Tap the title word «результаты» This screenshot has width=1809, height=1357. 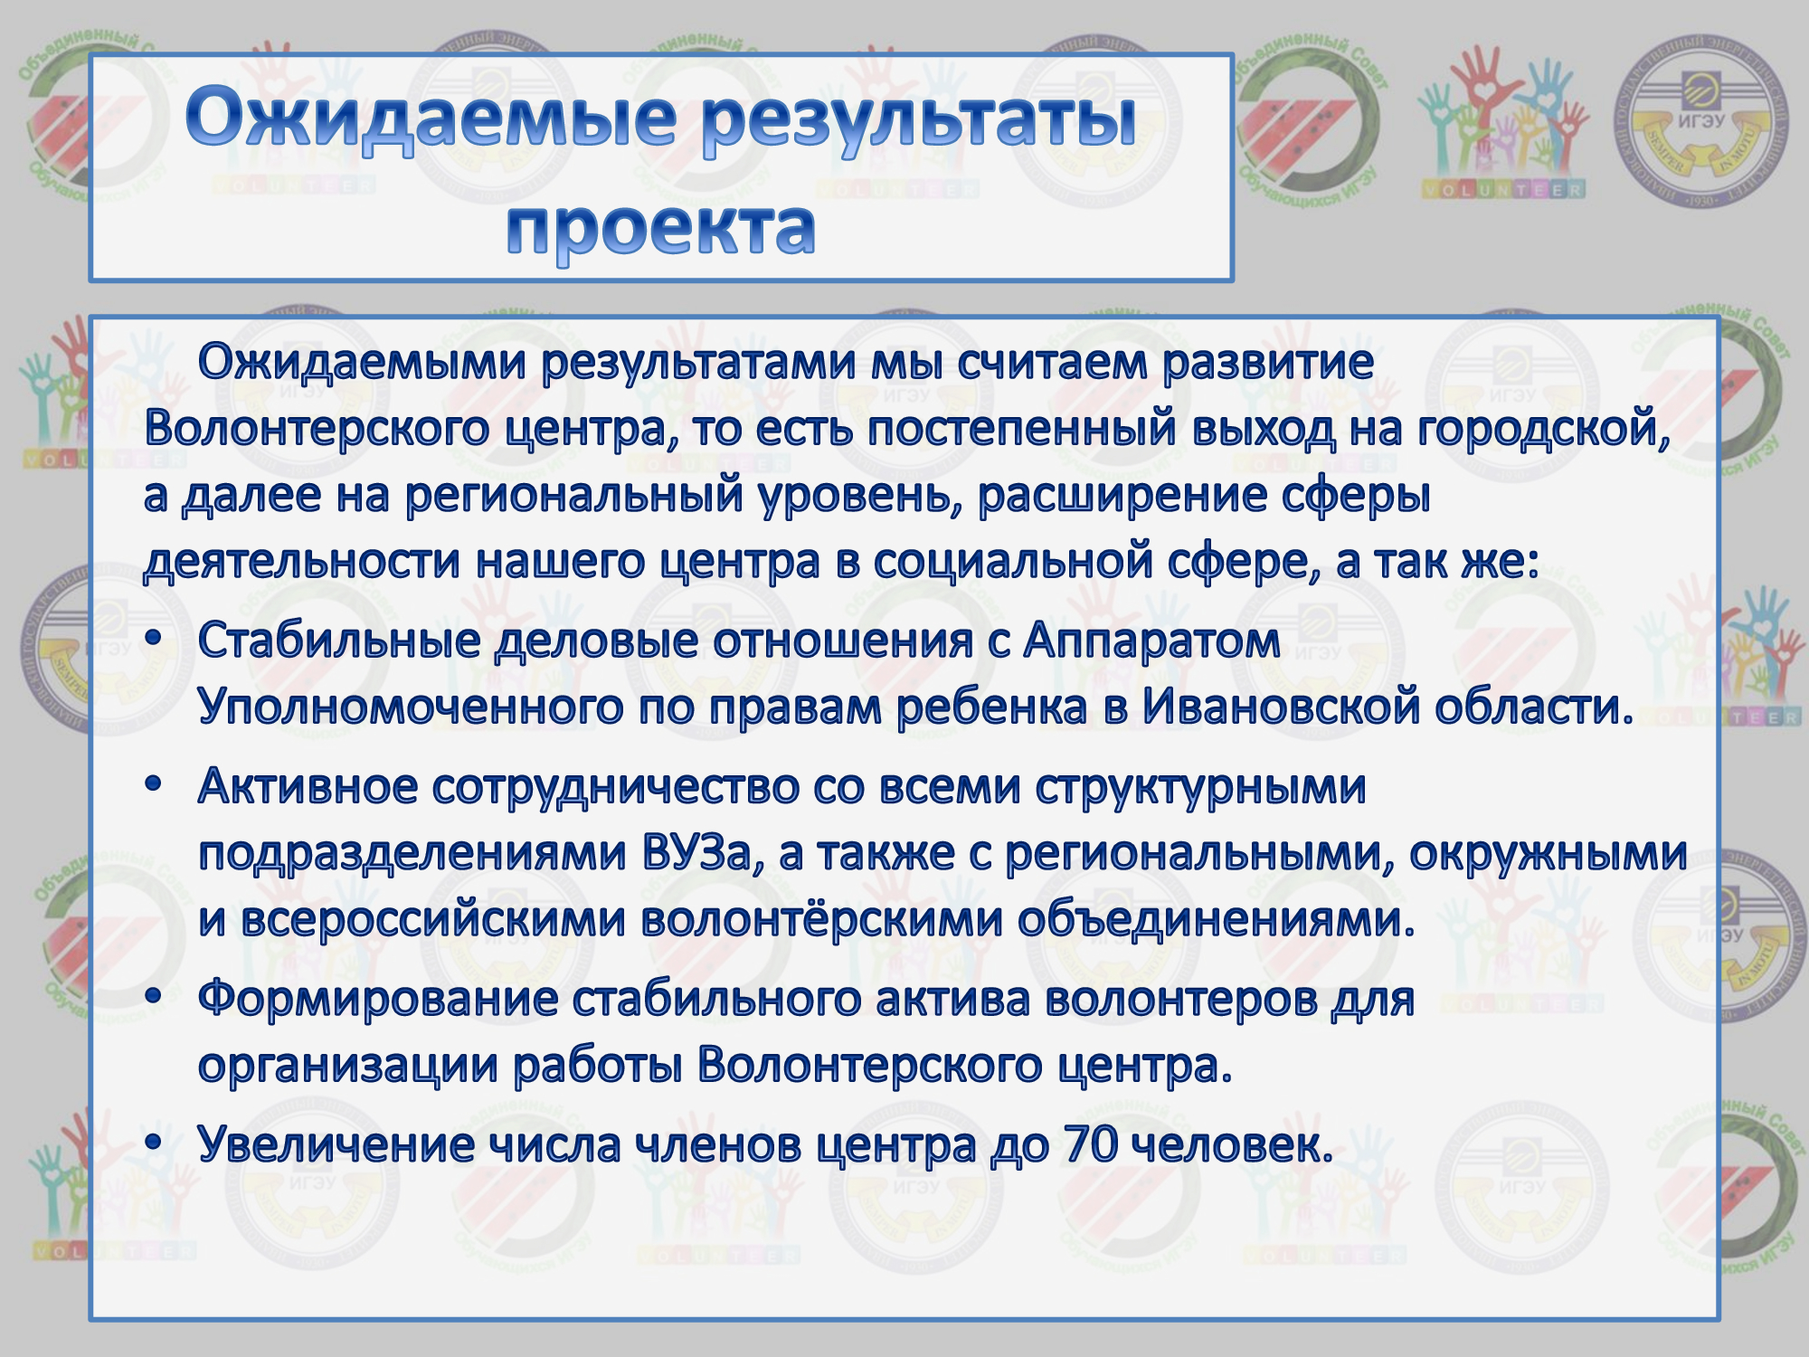[x=919, y=120]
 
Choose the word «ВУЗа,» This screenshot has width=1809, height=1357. [x=704, y=853]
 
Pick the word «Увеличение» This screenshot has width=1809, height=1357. [x=336, y=1144]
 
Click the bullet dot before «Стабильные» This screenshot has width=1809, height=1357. [x=154, y=639]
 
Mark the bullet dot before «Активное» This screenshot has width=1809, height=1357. [x=154, y=784]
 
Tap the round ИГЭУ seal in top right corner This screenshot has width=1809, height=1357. [x=1702, y=121]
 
